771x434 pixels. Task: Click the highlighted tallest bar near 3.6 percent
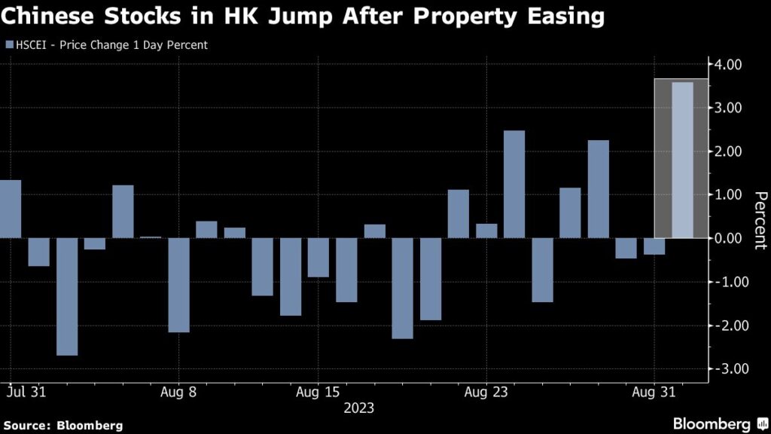pyautogui.click(x=682, y=160)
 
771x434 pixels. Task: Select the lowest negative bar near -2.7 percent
pyautogui.click(x=67, y=296)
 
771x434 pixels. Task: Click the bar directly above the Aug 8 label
pyautogui.click(x=178, y=285)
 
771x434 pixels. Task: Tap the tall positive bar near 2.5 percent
pyautogui.click(x=514, y=185)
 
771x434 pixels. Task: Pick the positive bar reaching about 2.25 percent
pyautogui.click(x=598, y=189)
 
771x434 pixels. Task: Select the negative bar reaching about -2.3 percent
pyautogui.click(x=402, y=288)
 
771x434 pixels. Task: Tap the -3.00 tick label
pyautogui.click(x=725, y=369)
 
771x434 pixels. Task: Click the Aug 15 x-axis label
pyautogui.click(x=317, y=392)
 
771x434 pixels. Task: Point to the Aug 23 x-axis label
pyautogui.click(x=486, y=392)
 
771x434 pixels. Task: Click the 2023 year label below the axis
pyautogui.click(x=358, y=408)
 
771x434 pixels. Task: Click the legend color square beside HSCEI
pyautogui.click(x=9, y=45)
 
